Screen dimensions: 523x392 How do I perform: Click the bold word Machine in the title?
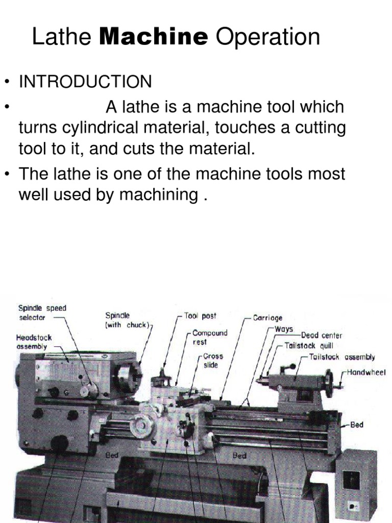pos(154,37)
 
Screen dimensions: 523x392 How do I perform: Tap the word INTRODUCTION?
pos(85,82)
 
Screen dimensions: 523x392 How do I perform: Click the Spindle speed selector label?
pos(42,313)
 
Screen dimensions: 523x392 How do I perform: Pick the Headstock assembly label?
pos(34,342)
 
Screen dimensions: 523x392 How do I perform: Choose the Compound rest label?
pos(209,337)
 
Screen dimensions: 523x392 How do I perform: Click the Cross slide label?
pos(213,361)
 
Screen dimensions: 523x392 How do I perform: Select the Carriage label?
pos(267,318)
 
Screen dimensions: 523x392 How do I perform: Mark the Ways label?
pos(284,329)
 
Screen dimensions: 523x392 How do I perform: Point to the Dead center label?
pos(322,336)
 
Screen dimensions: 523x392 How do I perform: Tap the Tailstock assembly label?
pos(342,357)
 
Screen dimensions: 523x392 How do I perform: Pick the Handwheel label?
pos(366,373)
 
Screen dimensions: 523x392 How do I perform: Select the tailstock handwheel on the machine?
pos(329,383)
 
